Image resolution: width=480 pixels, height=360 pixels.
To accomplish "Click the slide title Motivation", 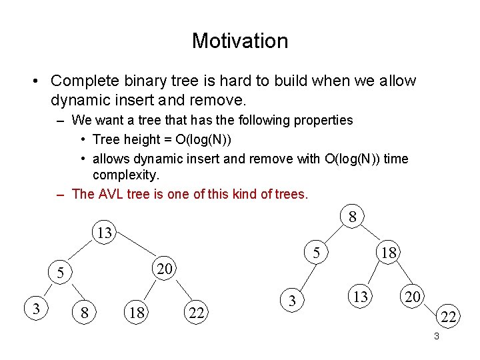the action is tap(240, 41).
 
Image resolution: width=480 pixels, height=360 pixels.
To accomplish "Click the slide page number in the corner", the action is tap(436, 337).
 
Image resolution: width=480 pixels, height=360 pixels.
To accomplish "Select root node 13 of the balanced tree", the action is tap(104, 233).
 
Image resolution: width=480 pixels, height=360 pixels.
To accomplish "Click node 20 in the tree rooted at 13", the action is tap(164, 269).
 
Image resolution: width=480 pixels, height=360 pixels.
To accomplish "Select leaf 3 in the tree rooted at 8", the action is tap(292, 301).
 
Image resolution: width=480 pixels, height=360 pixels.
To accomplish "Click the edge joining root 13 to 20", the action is tap(137, 250).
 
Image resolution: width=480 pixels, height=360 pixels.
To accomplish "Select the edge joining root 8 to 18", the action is tap(371, 233).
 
